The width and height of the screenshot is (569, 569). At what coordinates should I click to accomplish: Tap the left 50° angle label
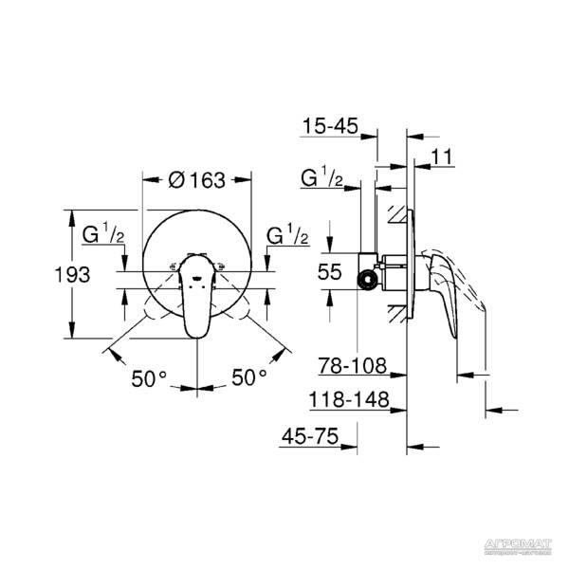pyautogui.click(x=149, y=377)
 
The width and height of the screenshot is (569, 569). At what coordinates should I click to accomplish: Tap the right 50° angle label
pyautogui.click(x=249, y=377)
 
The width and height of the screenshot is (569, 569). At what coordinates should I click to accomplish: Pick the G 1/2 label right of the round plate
pyautogui.click(x=286, y=234)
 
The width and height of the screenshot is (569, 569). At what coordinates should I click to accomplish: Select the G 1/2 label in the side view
pyautogui.click(x=321, y=177)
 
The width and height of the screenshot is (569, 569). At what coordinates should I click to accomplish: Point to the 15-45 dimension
pyautogui.click(x=332, y=125)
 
